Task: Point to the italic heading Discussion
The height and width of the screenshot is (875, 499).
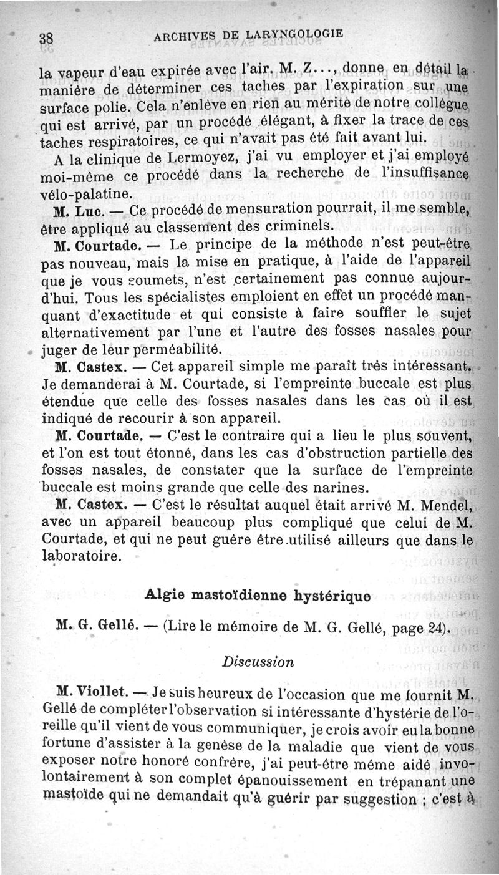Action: [258, 662]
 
